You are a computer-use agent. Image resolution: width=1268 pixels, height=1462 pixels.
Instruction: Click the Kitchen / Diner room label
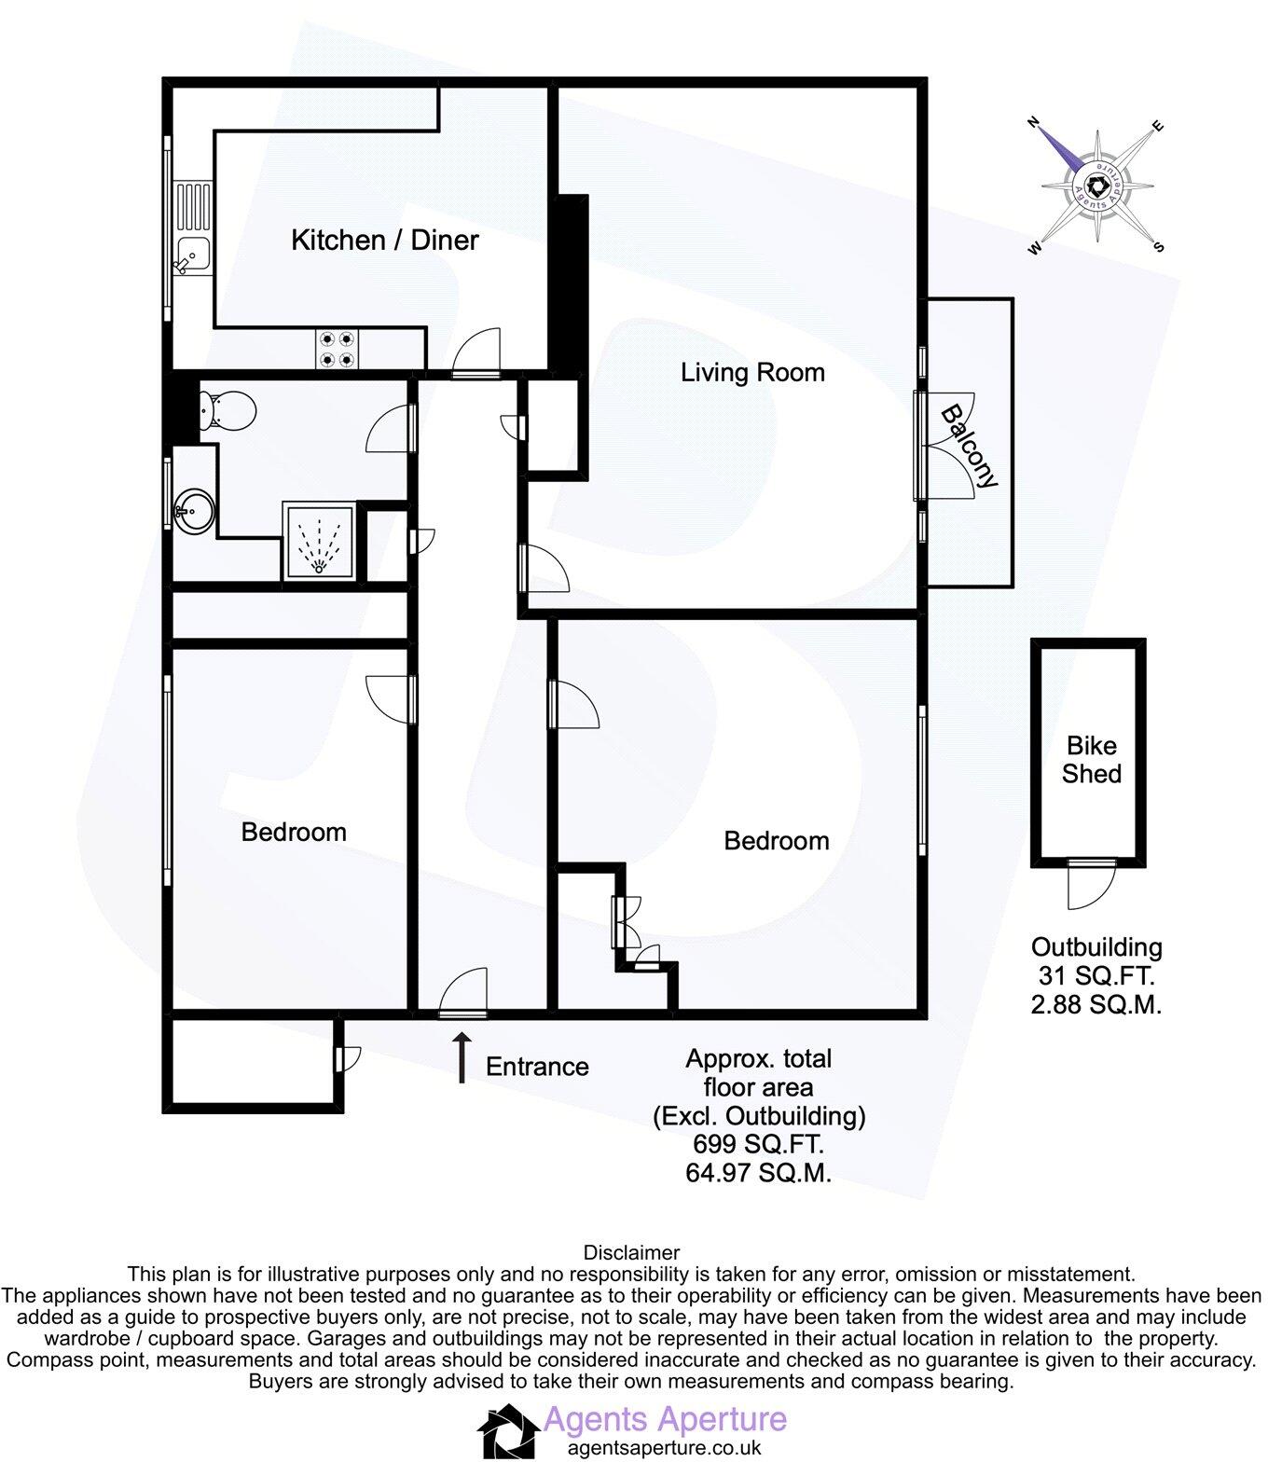pos(384,240)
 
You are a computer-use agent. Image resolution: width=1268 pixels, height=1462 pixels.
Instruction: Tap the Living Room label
pos(752,373)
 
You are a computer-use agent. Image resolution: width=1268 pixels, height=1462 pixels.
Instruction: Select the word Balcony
pos(969,446)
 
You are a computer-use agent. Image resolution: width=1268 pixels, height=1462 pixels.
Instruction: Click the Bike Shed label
pos(1091,759)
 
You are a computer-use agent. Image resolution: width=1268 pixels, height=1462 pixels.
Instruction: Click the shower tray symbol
pos(320,542)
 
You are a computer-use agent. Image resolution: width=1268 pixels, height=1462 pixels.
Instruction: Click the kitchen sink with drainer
pos(193,229)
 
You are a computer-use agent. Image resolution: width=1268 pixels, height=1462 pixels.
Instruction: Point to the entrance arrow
pos(461,1057)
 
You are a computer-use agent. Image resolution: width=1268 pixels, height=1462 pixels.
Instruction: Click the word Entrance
pos(537,1067)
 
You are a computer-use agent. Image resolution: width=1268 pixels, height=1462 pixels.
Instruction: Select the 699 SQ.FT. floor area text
pos(758,1144)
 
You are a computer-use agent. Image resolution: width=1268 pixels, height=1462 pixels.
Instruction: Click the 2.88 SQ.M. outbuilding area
pos(1096,1005)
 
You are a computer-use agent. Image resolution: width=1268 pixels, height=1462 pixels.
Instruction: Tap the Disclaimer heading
pos(631,1252)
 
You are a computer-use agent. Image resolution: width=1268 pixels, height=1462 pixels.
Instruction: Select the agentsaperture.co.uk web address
pos(664,1448)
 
